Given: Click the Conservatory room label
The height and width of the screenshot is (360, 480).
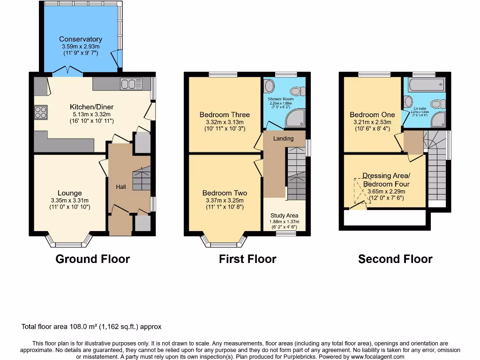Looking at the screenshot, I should coord(81,39).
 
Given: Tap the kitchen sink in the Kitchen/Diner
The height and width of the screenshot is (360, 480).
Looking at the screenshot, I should coord(131,84).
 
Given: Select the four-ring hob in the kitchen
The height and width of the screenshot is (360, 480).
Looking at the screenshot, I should coord(40,112).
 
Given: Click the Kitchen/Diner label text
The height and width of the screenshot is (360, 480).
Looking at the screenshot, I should coord(91,107).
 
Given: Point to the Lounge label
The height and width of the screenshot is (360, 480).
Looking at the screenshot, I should coord(69,193).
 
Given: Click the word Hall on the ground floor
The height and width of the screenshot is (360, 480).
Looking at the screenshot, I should coord(121,187).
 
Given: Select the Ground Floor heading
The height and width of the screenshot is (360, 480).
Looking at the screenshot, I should coord(92,259).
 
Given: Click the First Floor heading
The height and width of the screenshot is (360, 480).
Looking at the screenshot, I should coord(247,259).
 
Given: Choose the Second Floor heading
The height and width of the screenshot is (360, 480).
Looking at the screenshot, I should coord(395,259).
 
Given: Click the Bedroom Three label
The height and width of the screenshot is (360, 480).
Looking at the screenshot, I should coord(225,115).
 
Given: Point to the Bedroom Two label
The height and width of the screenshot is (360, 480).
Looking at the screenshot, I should coord(225,193).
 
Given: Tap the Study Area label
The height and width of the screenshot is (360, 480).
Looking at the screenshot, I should coord(284,216).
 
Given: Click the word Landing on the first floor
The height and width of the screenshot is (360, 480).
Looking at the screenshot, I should coord(284,138).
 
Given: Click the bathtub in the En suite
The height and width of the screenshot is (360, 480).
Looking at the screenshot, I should coord(426,85).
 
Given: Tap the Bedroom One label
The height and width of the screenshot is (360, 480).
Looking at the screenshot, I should coord(372,115).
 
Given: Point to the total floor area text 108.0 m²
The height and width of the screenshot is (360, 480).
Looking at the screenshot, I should coord(91,327).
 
